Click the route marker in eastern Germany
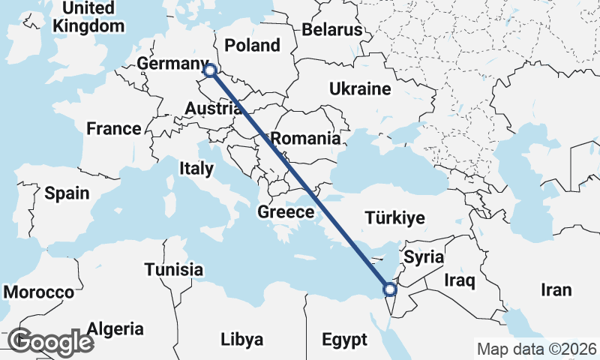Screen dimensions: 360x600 point(210,70)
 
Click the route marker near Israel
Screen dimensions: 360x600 point(389,289)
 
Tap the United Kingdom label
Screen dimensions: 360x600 point(88,17)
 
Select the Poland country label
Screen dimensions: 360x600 point(252,45)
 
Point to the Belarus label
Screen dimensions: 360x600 point(332,30)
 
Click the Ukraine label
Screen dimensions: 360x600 point(360,89)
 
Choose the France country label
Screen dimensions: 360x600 point(113,128)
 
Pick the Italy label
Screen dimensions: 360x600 point(196,169)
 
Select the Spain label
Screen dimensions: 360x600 point(67,193)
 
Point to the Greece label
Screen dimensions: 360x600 point(286,212)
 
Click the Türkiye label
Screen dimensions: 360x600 point(394,218)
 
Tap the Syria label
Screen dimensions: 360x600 point(424,257)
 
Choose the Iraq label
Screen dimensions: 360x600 point(460,281)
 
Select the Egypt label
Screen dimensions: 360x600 point(345,340)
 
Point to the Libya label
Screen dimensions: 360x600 point(242,340)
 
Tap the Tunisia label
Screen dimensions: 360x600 point(174,269)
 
